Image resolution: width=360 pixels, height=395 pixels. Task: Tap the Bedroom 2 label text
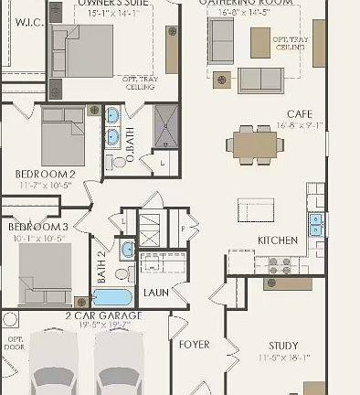tap(45, 173)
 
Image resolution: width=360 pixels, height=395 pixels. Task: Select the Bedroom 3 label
tap(37, 227)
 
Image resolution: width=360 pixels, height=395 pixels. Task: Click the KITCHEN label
tap(277, 240)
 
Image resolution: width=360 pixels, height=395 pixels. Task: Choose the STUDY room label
tap(282, 346)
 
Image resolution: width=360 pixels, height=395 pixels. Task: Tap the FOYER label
tap(194, 345)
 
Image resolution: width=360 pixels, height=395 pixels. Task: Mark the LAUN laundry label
tap(155, 293)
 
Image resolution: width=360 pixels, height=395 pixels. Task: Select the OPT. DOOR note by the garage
tap(12, 342)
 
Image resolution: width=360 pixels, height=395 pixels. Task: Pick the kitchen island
tap(257, 208)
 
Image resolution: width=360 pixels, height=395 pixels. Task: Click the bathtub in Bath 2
tap(112, 297)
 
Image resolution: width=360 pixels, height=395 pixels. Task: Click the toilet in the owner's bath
tap(120, 162)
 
